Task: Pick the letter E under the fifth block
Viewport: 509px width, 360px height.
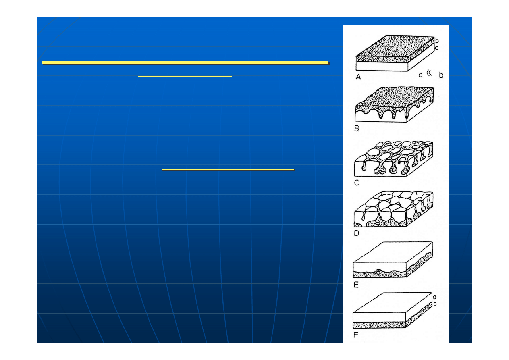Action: point(356,284)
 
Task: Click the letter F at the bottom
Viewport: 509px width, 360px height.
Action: point(356,335)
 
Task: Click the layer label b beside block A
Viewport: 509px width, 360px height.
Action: point(437,40)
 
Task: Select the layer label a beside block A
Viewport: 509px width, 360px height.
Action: point(437,47)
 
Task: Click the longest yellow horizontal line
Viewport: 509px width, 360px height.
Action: point(185,62)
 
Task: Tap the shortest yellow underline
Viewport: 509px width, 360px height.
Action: point(185,76)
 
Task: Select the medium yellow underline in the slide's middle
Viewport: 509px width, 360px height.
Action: point(228,170)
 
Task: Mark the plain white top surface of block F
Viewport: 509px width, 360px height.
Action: point(393,302)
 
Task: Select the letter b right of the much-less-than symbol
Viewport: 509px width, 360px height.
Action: point(441,75)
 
